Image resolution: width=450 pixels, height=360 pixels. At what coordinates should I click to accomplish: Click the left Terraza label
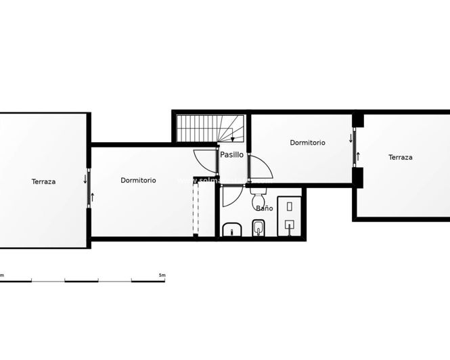click(x=43, y=181)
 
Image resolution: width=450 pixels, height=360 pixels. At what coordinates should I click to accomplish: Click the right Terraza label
click(x=400, y=157)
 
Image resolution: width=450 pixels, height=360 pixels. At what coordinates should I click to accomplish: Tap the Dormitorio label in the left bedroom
click(x=138, y=180)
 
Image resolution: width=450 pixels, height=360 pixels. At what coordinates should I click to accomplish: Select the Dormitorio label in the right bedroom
click(x=307, y=143)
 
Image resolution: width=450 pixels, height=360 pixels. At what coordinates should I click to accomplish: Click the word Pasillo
click(x=231, y=155)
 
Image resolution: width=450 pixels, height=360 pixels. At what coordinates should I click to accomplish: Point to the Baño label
click(x=265, y=208)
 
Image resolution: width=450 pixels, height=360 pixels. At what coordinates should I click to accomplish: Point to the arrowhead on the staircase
click(x=233, y=139)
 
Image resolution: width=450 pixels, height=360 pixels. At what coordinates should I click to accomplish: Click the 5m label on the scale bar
click(x=161, y=275)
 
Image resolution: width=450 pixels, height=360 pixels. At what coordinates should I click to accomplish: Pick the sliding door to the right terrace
click(x=355, y=148)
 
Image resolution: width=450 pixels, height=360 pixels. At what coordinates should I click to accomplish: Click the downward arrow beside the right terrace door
click(x=351, y=139)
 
